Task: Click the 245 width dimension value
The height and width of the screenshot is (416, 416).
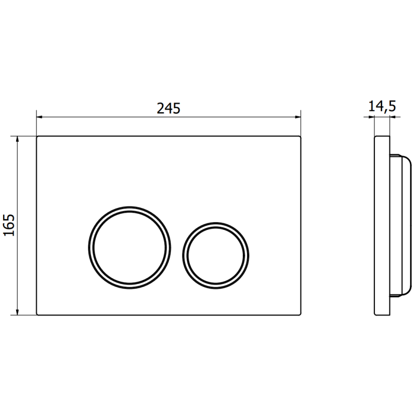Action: point(168,108)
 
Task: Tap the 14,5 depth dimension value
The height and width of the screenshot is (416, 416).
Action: point(382,107)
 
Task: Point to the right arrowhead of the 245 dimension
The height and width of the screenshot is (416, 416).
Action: point(298,117)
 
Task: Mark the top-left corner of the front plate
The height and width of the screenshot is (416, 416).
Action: point(37,137)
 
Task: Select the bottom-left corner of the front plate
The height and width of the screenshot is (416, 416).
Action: point(37,315)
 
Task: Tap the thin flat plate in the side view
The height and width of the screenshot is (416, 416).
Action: point(382,226)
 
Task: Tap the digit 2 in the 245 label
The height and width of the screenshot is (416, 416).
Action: point(161,108)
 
